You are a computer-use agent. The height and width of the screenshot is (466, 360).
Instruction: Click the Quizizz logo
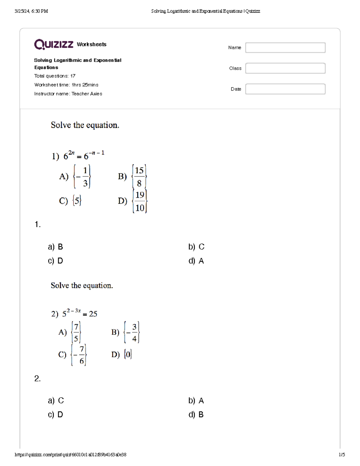point(54,44)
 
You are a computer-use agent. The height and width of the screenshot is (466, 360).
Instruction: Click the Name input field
point(285,48)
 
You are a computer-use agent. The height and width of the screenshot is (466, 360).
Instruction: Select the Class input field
point(285,68)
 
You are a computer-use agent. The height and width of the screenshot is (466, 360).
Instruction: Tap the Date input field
point(285,89)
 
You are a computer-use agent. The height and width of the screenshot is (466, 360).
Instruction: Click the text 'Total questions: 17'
point(55,76)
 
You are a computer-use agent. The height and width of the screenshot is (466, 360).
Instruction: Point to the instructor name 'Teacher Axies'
point(87,94)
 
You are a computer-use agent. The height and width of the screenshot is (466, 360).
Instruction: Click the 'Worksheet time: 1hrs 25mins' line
point(66,85)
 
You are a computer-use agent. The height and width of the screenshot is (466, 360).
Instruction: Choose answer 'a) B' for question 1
point(55,247)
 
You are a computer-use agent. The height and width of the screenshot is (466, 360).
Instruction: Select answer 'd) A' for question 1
point(196,261)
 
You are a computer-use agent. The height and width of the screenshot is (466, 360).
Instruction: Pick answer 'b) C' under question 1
point(196,247)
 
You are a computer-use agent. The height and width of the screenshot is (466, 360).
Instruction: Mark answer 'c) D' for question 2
point(55,414)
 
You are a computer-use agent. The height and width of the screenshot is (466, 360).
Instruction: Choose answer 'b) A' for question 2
point(196,401)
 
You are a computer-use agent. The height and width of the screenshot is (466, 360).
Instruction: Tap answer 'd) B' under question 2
point(196,414)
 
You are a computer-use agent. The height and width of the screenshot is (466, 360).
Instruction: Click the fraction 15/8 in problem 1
point(139,176)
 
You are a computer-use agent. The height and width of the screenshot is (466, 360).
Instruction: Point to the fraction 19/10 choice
point(139,201)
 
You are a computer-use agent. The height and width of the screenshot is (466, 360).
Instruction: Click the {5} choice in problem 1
point(77,200)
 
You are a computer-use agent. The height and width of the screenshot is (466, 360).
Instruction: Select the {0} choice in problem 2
point(128,354)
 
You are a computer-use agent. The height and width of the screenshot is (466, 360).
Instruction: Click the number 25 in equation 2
point(93,314)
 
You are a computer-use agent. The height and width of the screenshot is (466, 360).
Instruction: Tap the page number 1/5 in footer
point(342,455)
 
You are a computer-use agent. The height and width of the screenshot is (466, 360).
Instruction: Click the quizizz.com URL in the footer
point(70,455)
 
